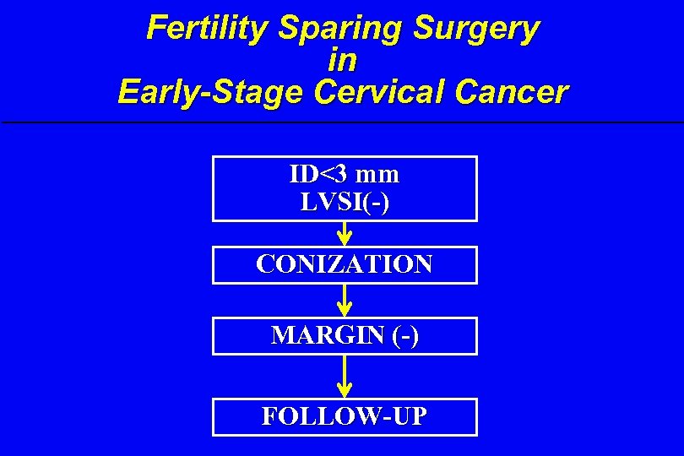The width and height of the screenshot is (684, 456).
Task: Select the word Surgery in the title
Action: click(476, 28)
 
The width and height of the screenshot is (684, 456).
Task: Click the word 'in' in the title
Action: click(342, 60)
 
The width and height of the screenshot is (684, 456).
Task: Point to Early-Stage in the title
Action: click(211, 91)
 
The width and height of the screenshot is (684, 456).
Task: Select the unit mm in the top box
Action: click(377, 176)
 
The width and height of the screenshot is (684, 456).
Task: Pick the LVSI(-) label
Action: click(345, 203)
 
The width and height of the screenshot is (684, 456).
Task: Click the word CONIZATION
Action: click(345, 264)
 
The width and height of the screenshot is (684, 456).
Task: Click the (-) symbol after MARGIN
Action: click(405, 335)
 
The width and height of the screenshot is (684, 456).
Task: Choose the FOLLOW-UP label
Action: click(345, 416)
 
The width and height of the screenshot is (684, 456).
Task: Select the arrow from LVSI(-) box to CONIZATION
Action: click(345, 233)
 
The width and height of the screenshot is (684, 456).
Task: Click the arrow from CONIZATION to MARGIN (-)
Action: click(345, 300)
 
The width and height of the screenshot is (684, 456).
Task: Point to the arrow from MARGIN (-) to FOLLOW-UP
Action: click(345, 376)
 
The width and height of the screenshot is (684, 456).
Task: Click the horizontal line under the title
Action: click(342, 123)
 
